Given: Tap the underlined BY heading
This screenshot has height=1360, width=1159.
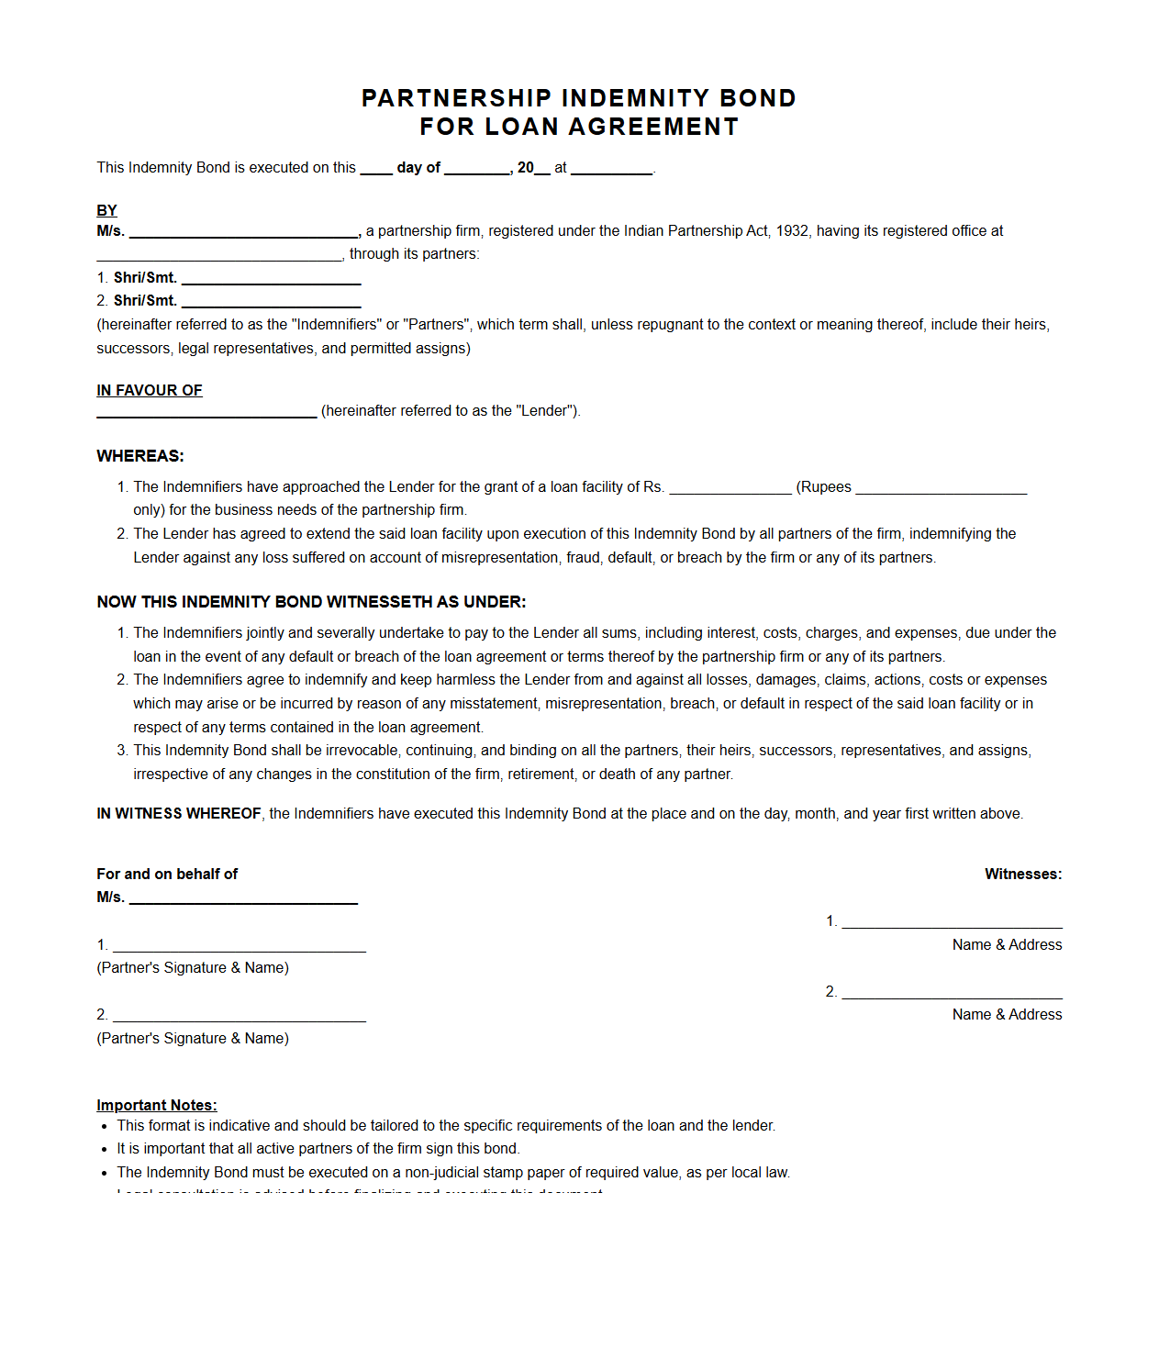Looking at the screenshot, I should coord(106,210).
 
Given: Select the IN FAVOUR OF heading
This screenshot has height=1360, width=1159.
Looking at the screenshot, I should coord(150,390).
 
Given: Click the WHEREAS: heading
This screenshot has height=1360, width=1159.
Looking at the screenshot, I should coord(140,456).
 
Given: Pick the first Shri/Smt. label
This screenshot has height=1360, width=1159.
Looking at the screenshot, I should coord(145,277).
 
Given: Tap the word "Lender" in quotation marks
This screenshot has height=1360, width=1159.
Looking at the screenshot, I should coord(546,411).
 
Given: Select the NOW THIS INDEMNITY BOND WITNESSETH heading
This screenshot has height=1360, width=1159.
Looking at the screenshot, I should coord(311,602).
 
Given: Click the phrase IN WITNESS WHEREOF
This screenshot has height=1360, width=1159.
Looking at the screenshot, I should coord(179,814).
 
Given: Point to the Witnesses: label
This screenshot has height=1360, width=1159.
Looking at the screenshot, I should coord(1023,875).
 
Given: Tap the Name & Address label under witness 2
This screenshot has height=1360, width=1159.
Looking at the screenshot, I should coord(1007,1015).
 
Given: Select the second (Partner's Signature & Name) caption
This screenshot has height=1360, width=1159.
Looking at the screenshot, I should coord(193,1039).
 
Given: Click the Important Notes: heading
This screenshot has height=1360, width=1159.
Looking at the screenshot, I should coord(157,1106).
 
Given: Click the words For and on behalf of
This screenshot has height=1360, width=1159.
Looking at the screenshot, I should coord(167,875).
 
